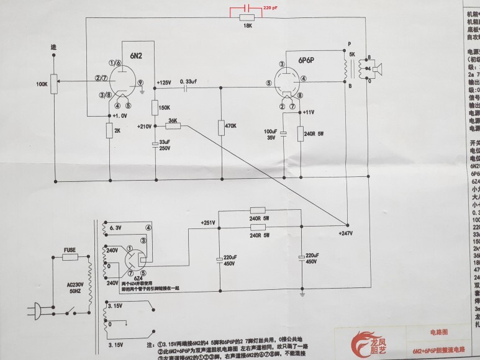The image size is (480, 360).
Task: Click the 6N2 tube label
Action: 137,56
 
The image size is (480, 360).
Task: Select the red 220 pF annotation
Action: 270,7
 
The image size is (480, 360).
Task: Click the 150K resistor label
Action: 165,107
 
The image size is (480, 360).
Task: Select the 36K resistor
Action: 173,126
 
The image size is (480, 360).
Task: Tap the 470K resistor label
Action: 230,126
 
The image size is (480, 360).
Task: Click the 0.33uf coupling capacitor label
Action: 188,81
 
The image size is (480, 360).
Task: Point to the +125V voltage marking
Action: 165,83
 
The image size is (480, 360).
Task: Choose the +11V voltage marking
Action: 309,112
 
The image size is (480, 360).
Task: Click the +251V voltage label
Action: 207,222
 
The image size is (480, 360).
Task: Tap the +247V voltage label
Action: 346,233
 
